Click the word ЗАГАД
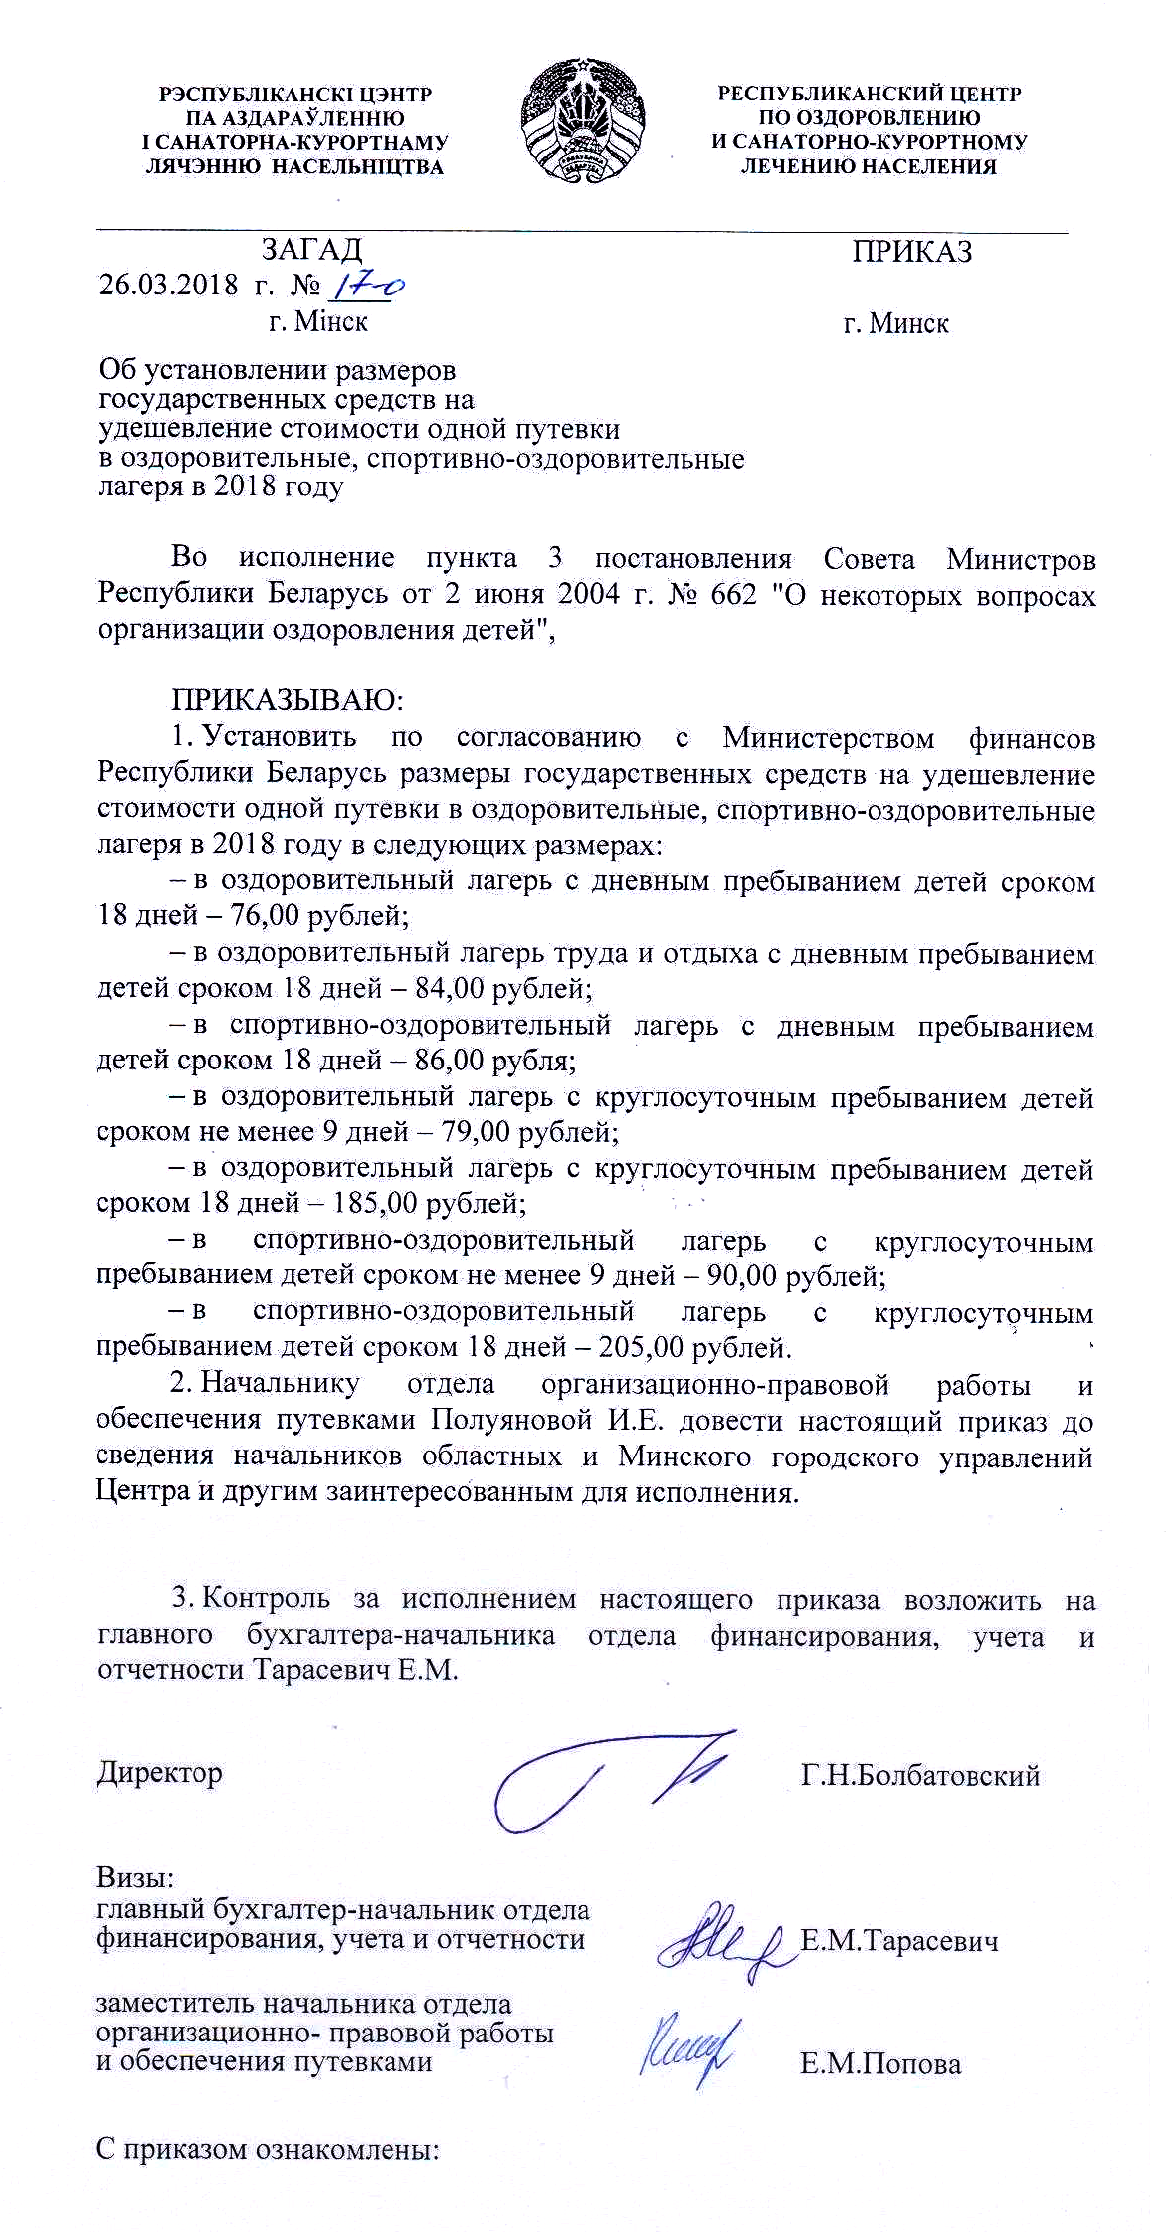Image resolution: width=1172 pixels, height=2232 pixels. (x=311, y=250)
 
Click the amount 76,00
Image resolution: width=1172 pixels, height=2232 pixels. (x=260, y=915)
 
